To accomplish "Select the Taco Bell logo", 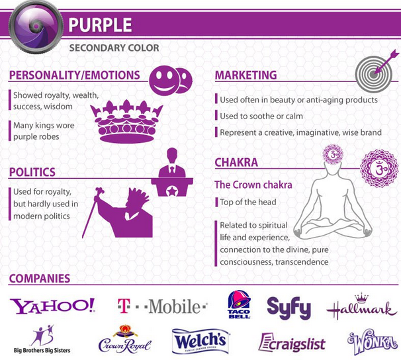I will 238,305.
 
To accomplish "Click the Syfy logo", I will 289,306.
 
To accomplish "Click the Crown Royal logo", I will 124,339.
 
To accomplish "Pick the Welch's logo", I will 201,341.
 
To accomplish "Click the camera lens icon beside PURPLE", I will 32,26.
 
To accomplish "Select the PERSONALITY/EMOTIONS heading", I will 74,75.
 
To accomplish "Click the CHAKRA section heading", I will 236,162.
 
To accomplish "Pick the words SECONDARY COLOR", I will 114,47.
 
